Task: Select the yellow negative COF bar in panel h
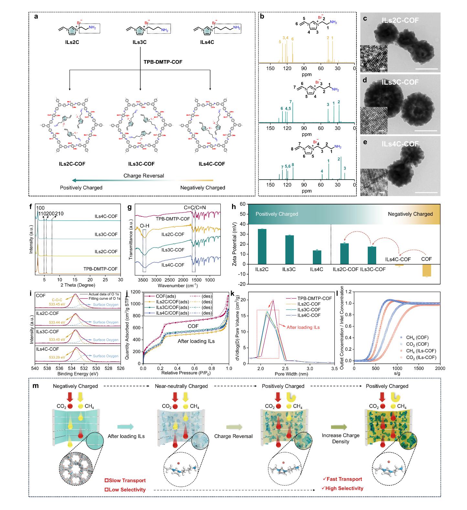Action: click(427, 271)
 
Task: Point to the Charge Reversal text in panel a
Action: click(144, 176)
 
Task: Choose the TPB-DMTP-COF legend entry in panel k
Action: click(314, 298)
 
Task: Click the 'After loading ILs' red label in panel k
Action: click(303, 327)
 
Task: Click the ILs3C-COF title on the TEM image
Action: click(400, 82)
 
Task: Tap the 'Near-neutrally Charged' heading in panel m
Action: click(181, 386)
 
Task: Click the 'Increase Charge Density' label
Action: click(341, 438)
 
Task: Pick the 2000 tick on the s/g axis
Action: click(440, 369)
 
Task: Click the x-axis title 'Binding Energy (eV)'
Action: click(78, 374)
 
